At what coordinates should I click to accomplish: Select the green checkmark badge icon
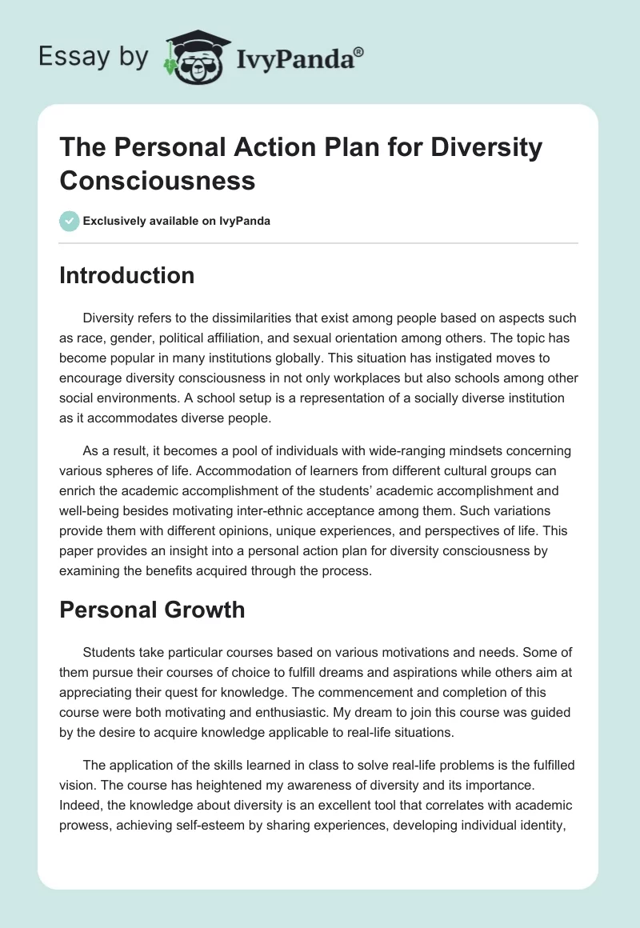point(70,221)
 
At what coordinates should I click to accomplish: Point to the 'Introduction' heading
point(127,275)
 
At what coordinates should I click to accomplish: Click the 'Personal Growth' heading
point(152,610)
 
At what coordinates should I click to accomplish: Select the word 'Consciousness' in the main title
point(158,180)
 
